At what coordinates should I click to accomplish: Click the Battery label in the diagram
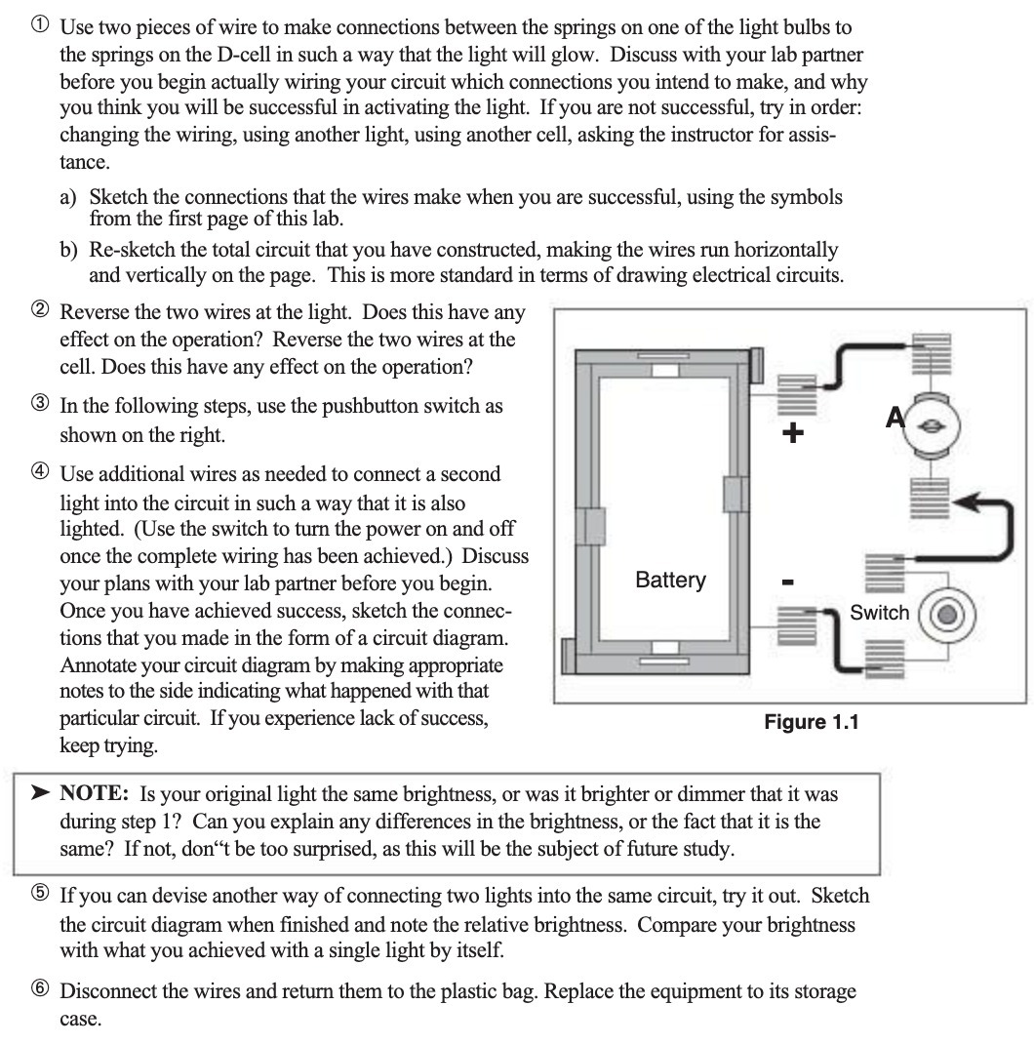click(670, 580)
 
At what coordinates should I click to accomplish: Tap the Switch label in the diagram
click(879, 613)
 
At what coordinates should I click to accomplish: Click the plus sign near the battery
click(794, 433)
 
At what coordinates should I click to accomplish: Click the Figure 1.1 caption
click(812, 723)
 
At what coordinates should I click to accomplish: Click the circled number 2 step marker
click(40, 314)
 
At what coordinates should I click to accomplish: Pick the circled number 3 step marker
click(40, 407)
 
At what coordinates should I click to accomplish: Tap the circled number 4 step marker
click(40, 476)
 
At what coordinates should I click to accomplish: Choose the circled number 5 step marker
click(40, 897)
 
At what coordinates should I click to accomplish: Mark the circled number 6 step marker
click(40, 992)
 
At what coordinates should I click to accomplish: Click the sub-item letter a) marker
click(70, 197)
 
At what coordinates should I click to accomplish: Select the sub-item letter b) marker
click(70, 251)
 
